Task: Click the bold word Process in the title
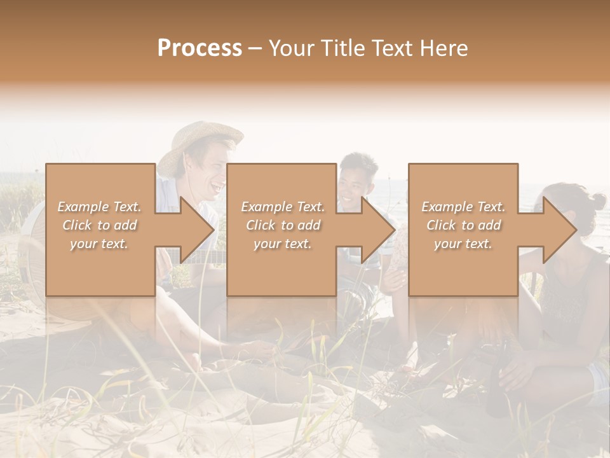[200, 48]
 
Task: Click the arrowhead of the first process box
[197, 230]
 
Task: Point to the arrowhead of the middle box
[378, 230]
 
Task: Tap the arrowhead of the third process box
[560, 230]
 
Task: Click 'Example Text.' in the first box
[99, 207]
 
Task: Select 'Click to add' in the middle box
[283, 225]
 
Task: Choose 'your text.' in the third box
[463, 244]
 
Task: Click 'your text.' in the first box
[99, 244]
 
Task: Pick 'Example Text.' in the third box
[463, 207]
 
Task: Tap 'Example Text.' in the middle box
[283, 207]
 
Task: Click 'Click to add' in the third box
[463, 225]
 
